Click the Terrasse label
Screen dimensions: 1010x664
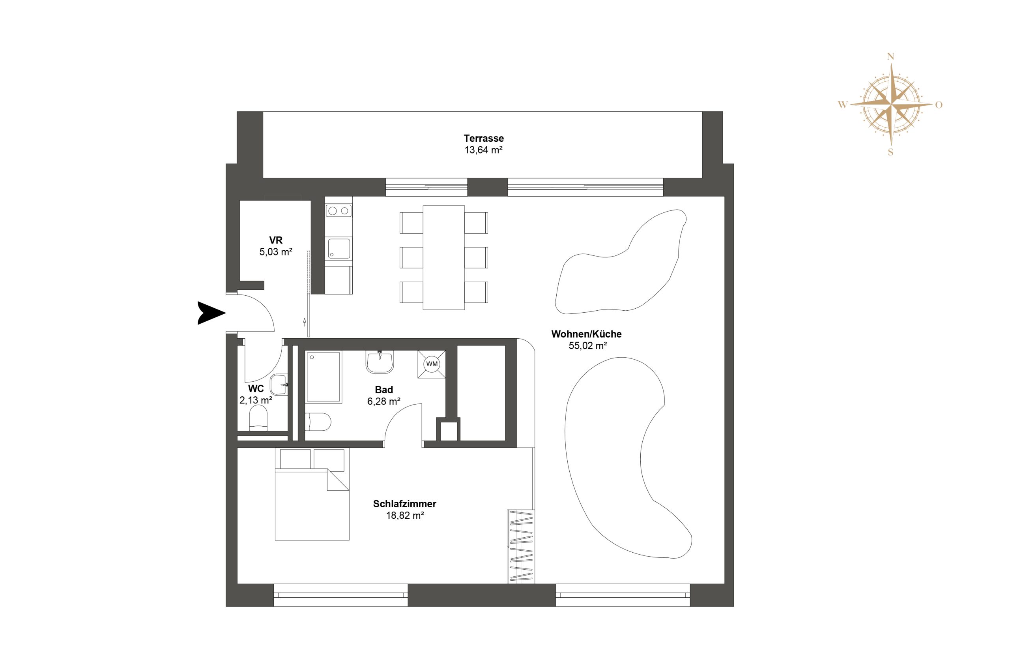point(483,138)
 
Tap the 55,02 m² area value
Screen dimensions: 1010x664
point(588,345)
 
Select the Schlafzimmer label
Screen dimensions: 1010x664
point(404,504)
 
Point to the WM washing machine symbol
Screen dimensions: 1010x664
point(432,364)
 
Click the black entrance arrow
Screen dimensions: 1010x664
point(211,313)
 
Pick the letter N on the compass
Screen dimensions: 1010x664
point(891,56)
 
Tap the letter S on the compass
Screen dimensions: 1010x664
point(890,152)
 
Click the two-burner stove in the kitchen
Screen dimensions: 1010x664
point(339,210)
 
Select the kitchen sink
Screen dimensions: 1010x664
point(339,248)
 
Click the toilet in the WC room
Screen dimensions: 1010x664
point(258,418)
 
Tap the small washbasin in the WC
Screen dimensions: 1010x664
point(279,384)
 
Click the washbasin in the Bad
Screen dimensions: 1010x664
point(380,362)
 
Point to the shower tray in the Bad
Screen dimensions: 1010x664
point(324,377)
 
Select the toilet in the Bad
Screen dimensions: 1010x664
point(318,422)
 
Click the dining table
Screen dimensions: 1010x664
point(443,257)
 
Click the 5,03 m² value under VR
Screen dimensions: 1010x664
point(276,252)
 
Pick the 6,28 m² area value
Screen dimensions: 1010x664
point(383,401)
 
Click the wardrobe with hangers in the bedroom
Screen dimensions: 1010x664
point(521,546)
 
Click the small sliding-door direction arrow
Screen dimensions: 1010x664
point(305,322)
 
